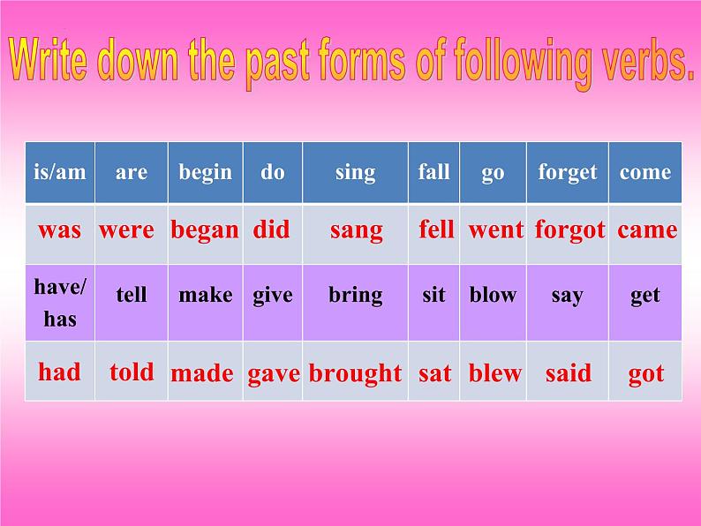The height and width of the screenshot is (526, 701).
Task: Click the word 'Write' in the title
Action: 48,59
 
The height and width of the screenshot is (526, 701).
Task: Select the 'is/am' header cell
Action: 60,172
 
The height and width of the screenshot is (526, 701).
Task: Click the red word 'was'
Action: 59,230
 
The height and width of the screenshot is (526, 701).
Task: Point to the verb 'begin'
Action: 205,173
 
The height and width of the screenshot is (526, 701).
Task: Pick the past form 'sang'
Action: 357,231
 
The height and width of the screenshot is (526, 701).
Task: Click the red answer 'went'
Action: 495,230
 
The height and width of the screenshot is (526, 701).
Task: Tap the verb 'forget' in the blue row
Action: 568,172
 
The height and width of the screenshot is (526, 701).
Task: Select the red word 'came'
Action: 647,230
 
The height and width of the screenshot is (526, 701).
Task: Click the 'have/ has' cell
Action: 60,303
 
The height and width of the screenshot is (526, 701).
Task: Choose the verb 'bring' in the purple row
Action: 356,296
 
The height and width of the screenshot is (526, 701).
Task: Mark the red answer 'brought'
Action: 355,373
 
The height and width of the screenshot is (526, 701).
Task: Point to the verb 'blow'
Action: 493,295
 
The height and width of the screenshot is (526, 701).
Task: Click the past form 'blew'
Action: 495,372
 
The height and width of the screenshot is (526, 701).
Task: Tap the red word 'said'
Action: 569,372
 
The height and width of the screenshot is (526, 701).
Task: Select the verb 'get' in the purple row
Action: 645,296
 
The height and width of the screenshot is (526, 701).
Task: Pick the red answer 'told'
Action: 132,372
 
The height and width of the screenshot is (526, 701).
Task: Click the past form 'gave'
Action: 273,374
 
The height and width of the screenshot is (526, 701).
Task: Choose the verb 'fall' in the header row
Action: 433,171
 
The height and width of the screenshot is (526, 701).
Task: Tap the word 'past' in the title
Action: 277,63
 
